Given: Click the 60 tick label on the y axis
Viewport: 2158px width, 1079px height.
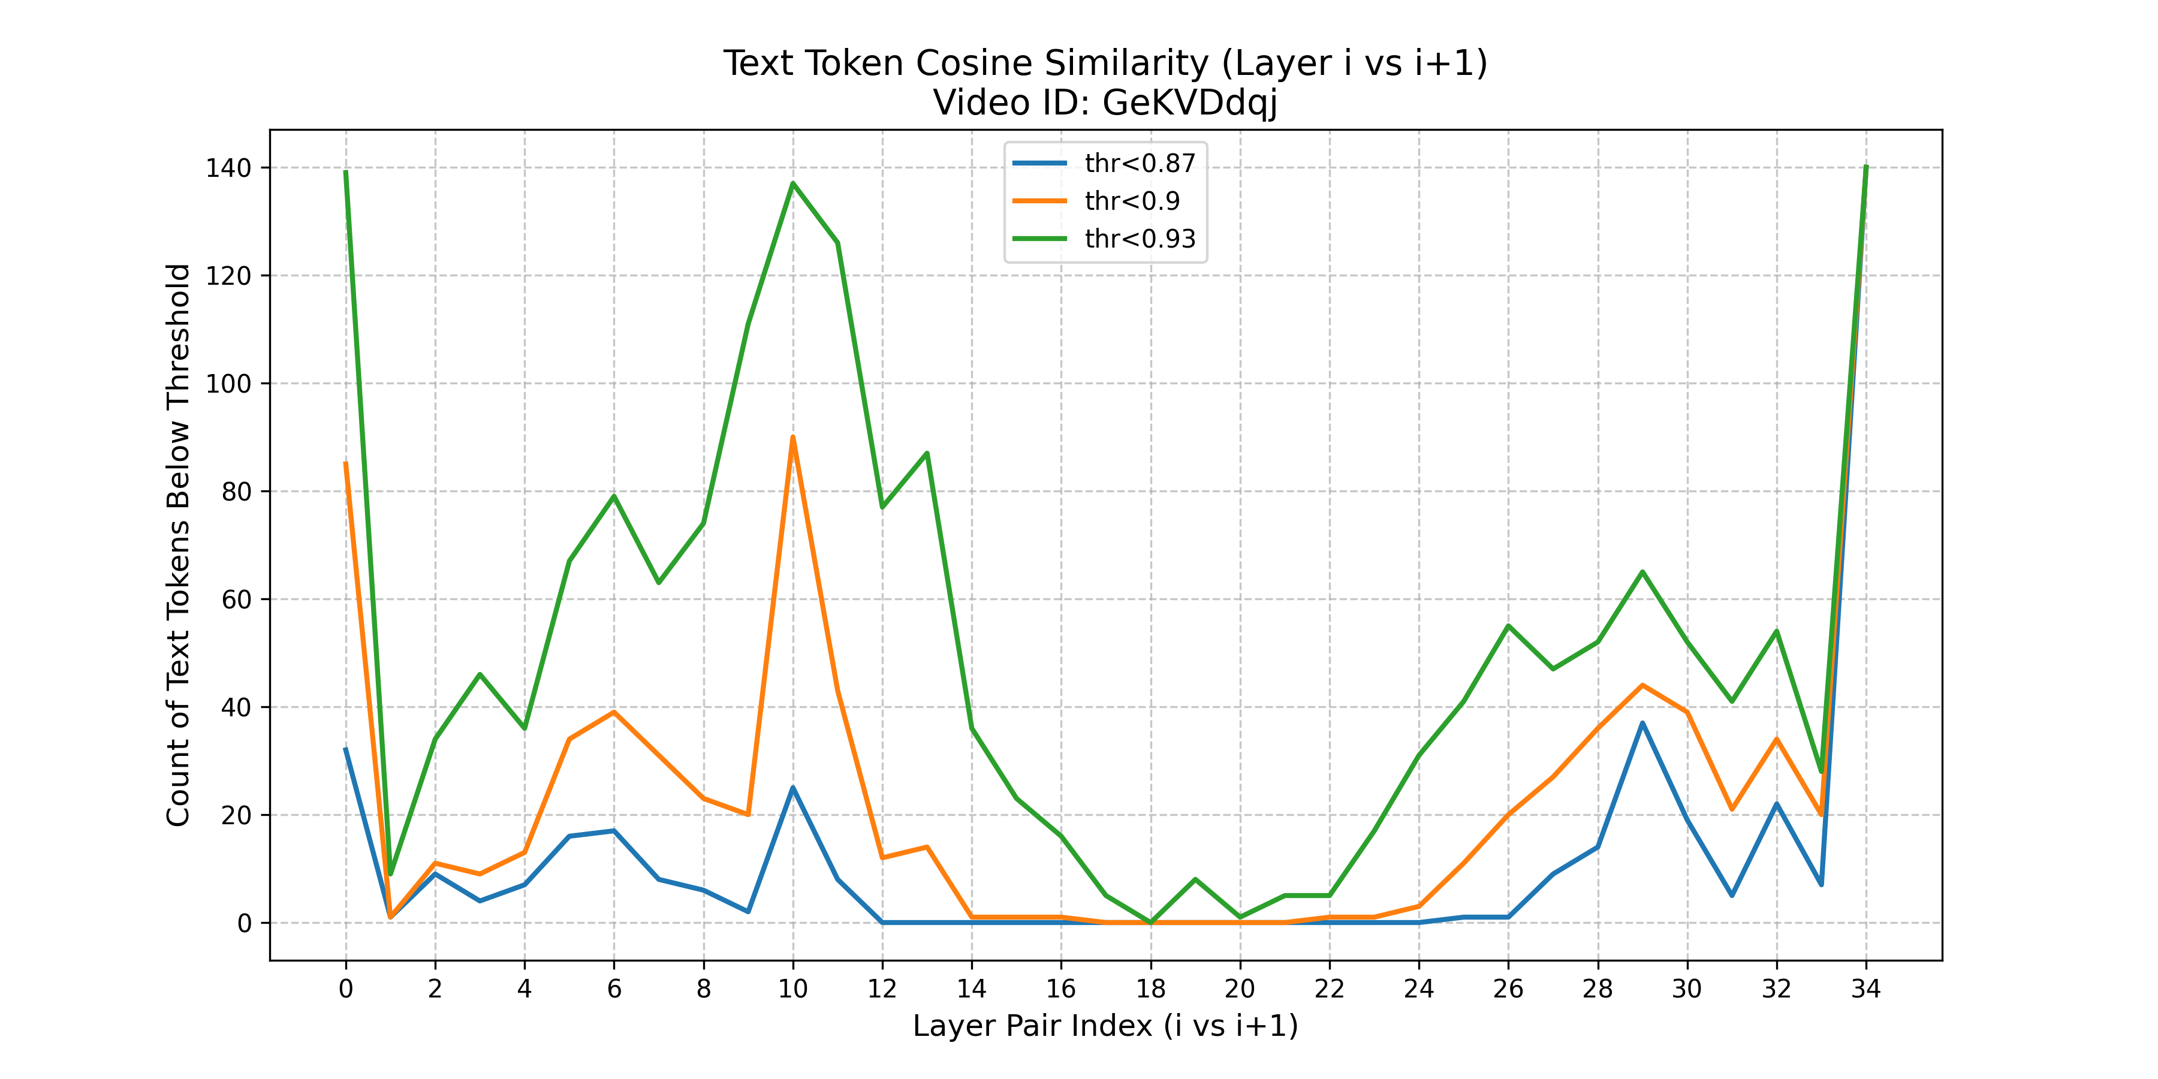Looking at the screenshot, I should tap(236, 600).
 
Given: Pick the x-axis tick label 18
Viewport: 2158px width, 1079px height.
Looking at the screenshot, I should tap(1150, 989).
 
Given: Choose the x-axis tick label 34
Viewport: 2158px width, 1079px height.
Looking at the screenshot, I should tap(1865, 989).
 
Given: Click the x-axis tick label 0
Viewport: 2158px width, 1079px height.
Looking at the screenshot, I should tap(345, 989).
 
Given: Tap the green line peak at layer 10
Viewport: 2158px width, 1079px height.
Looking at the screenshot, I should tap(792, 183).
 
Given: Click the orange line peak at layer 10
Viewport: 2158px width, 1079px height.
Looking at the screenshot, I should tap(792, 438).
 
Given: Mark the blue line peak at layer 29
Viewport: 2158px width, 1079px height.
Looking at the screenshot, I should tap(1642, 723).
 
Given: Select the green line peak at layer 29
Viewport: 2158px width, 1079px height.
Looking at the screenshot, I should tap(1642, 572).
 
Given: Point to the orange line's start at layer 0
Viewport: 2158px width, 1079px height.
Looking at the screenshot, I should tap(345, 463).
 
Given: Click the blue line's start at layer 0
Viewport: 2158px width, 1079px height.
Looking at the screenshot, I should tap(345, 749).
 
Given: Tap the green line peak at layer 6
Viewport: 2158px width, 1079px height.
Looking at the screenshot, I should tap(614, 496).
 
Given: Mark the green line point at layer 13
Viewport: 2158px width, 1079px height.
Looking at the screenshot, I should tap(927, 453).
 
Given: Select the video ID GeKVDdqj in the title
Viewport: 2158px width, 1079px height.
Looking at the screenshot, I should tap(1189, 103).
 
